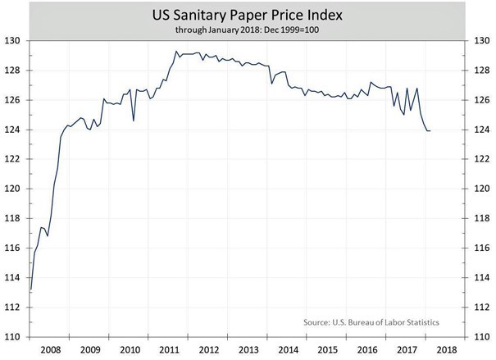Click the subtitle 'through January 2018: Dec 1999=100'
click(248, 30)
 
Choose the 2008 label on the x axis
click(52, 351)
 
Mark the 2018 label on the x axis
click(446, 351)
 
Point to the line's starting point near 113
click(31, 289)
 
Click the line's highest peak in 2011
click(175, 52)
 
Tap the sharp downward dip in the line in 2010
click(134, 121)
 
